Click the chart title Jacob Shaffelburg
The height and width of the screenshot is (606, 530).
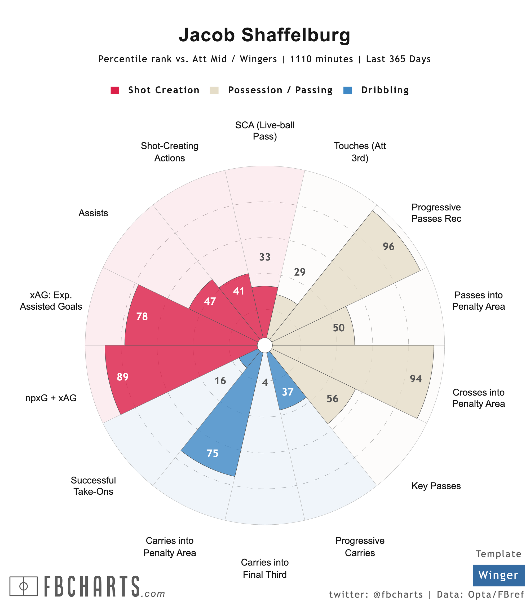tap(264, 35)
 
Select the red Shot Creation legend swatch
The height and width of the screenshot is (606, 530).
tap(115, 90)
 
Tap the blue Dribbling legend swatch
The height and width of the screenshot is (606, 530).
tap(347, 90)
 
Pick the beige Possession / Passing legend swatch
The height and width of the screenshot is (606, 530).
tap(214, 90)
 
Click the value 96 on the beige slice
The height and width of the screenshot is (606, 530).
tap(389, 247)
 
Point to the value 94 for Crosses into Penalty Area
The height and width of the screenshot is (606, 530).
tap(416, 379)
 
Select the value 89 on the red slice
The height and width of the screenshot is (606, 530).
tap(122, 377)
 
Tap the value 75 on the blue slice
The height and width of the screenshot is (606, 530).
tap(212, 453)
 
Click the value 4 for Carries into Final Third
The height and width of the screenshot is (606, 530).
tap(265, 383)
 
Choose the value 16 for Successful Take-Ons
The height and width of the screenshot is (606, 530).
tap(220, 380)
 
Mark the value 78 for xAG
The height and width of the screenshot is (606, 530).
tap(142, 317)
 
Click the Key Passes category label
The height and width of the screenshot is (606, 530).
tap(436, 486)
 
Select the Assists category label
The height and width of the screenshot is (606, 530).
tap(93, 213)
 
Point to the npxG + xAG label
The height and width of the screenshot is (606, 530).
tap(51, 398)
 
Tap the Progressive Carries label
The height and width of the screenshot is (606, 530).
tap(360, 547)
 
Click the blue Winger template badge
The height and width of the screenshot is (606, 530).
tap(498, 575)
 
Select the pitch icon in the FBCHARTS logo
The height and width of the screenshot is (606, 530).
tap(24, 586)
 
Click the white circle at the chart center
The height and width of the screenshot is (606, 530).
tap(265, 345)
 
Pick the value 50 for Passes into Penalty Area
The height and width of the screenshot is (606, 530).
tap(339, 328)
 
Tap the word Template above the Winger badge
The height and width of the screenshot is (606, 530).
tap(498, 554)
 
